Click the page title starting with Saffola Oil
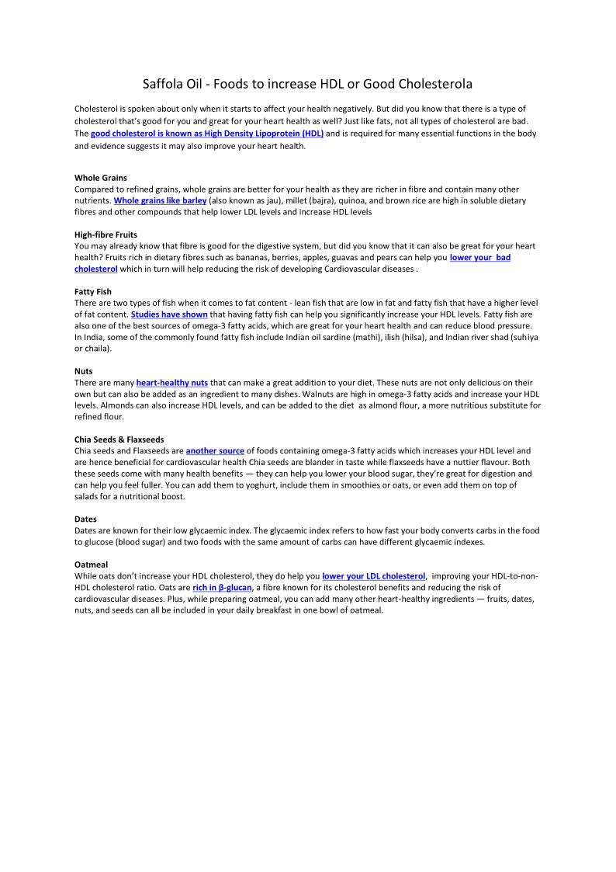tap(307, 83)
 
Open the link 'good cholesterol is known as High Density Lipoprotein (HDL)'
tap(206, 134)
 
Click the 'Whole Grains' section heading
tap(101, 178)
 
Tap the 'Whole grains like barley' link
tap(160, 200)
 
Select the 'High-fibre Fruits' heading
tap(106, 235)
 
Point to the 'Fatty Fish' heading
tap(93, 291)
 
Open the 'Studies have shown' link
tap(169, 314)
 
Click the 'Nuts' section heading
tap(83, 371)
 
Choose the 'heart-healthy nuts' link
tap(171, 383)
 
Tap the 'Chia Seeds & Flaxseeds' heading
tap(119, 439)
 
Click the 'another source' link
tap(215, 450)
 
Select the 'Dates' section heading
tap(85, 519)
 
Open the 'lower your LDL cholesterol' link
tap(373, 576)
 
